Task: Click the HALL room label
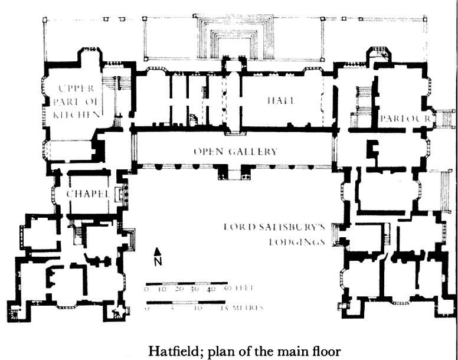tap(281, 101)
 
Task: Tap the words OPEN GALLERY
tap(235, 152)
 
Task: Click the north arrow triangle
tap(158, 253)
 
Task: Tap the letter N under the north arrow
tap(158, 262)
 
